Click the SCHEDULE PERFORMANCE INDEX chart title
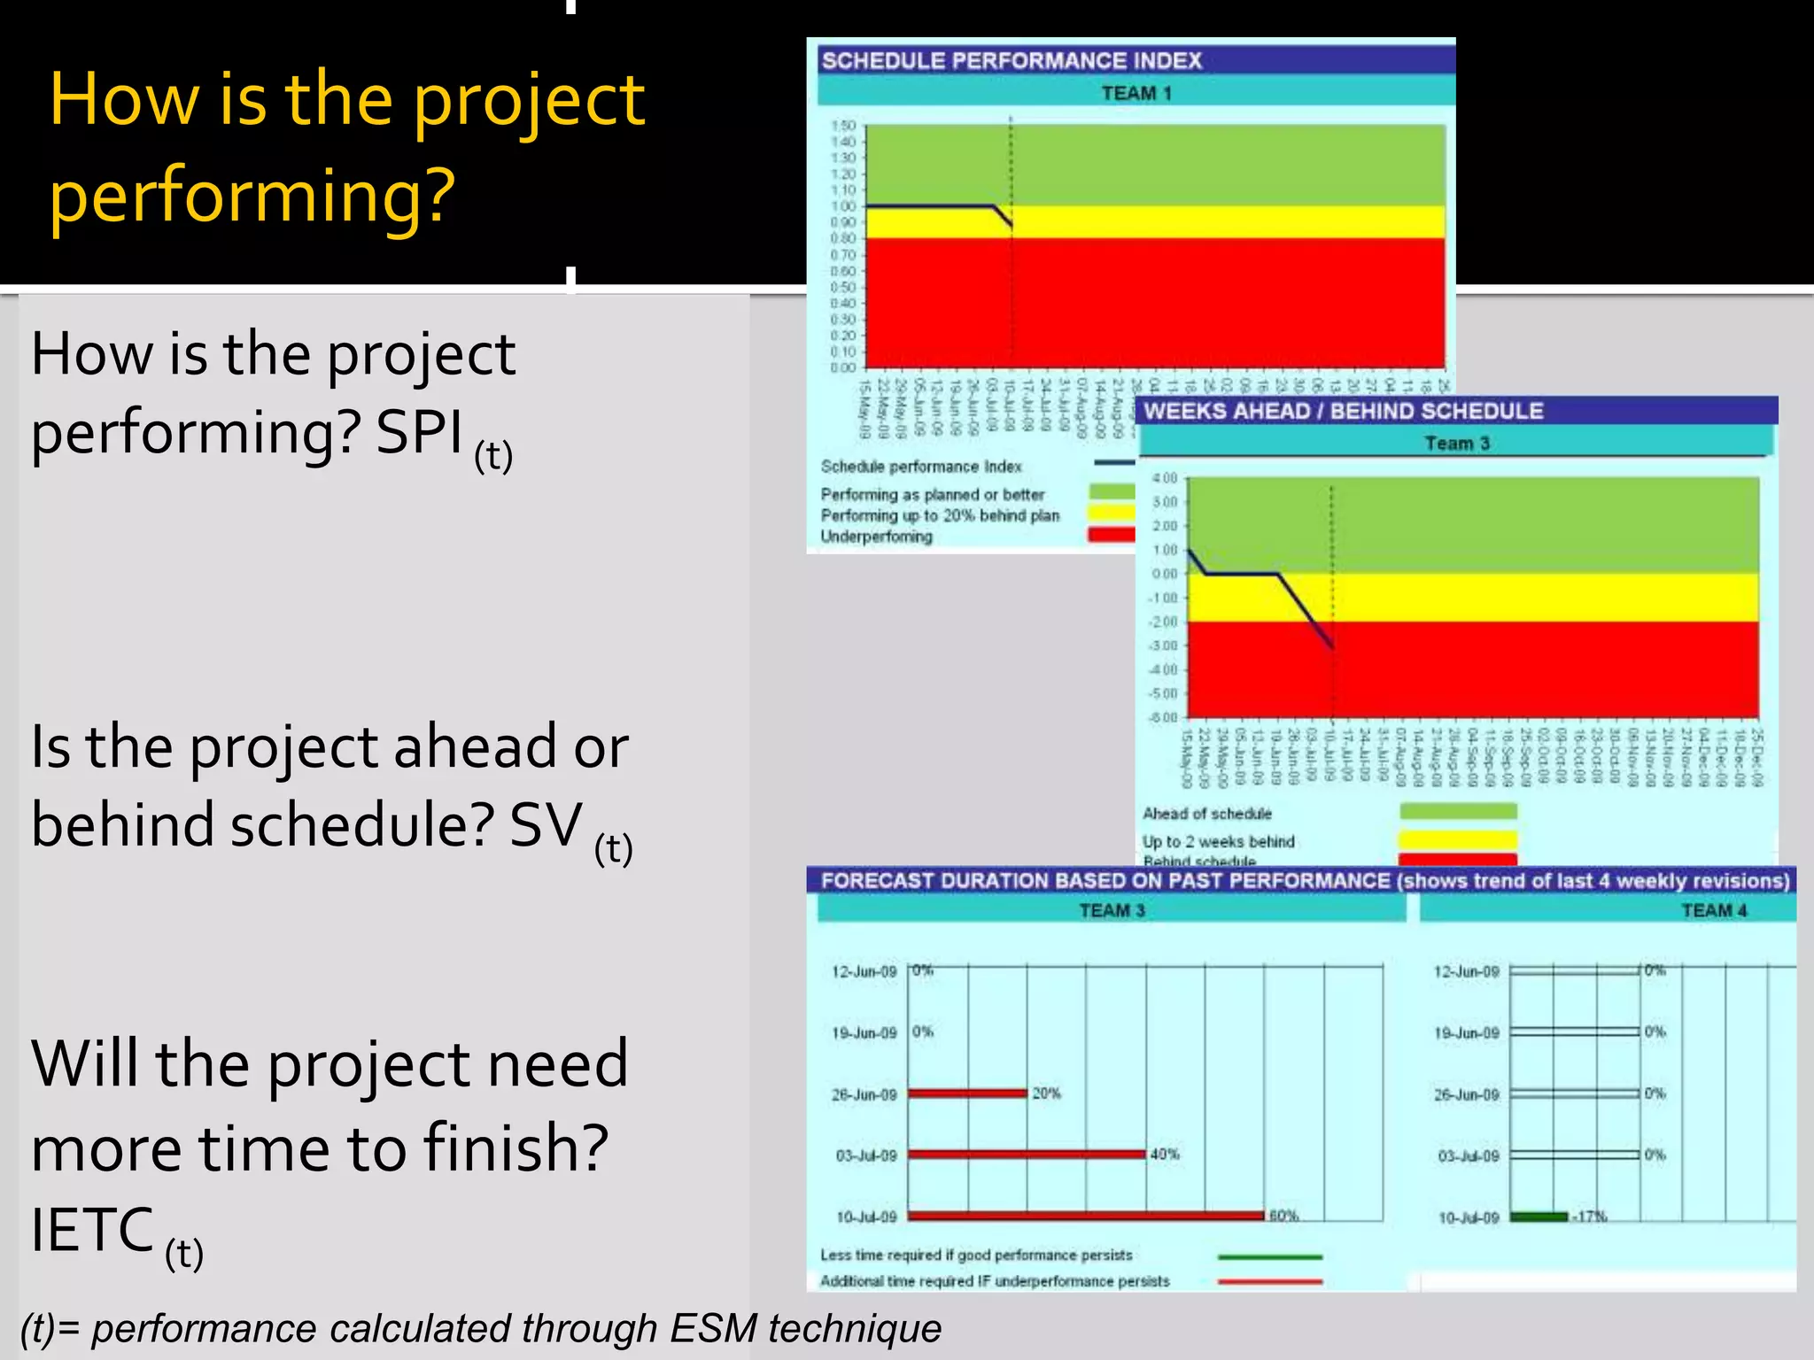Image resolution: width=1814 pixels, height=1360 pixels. coord(1011,60)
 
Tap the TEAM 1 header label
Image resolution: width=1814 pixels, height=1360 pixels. coord(1136,93)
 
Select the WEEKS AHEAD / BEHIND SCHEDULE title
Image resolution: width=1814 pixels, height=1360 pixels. coord(1343,411)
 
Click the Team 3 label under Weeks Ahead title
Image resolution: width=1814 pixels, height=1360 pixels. coord(1456,443)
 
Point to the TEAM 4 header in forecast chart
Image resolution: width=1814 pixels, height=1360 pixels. coord(1713,910)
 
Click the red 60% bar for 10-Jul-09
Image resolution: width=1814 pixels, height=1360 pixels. coord(1085,1216)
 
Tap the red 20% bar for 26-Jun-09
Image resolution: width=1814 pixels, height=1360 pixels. coord(966,1093)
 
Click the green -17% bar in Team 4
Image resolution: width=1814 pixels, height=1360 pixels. coord(1539,1217)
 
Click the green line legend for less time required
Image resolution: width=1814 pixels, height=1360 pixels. coord(1269,1256)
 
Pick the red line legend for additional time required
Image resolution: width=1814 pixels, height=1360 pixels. coord(1269,1281)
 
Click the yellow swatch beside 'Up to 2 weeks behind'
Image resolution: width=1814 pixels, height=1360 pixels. coord(1457,839)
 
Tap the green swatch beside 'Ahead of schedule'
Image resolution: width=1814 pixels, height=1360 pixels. coord(1457,811)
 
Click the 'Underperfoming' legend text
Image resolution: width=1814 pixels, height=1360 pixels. coord(876,537)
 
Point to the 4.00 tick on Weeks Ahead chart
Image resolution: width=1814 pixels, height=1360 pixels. coord(1164,478)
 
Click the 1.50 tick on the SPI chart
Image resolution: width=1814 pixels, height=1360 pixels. coord(842,126)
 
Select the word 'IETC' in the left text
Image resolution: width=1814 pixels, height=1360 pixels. coord(92,1230)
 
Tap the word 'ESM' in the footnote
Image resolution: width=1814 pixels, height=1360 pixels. coord(712,1328)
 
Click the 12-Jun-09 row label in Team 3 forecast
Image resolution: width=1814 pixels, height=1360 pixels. coord(864,971)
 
